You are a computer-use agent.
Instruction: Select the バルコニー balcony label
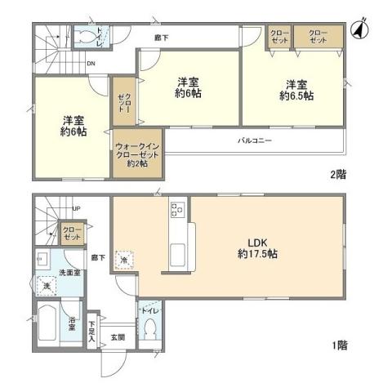(255, 140)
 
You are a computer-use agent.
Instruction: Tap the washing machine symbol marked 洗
(47, 286)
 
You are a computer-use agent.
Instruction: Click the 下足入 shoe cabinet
(92, 331)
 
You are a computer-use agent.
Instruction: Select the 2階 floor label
(336, 174)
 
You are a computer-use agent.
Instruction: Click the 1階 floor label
(339, 346)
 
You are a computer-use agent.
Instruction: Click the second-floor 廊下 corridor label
(162, 37)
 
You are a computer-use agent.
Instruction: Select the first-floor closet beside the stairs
(72, 234)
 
